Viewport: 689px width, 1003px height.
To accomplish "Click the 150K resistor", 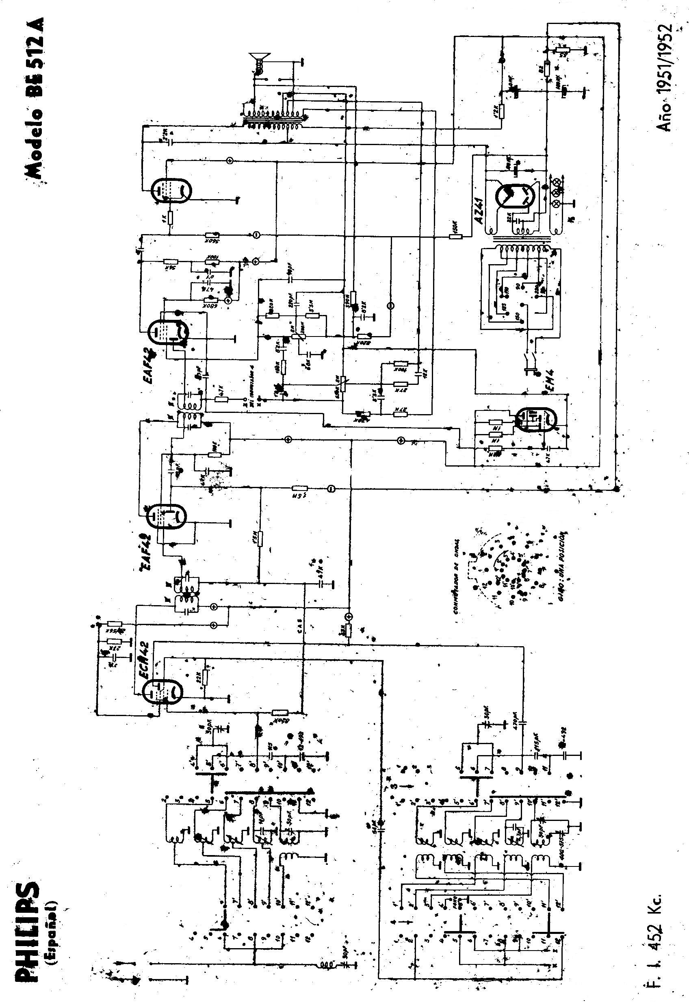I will (x=455, y=236).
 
